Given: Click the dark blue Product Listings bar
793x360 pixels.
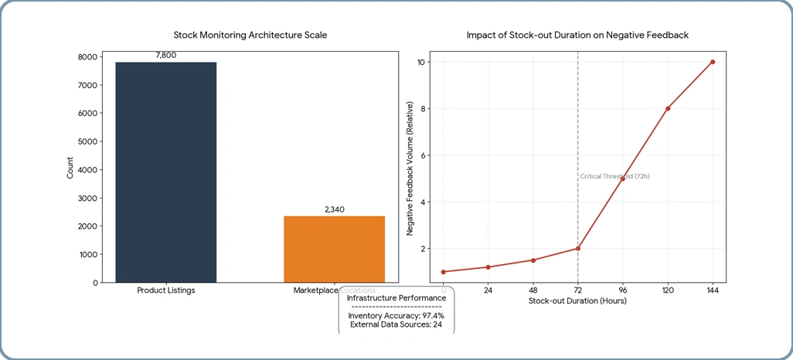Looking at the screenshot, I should point(165,172).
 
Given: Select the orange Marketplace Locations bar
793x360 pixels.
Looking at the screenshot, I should point(334,249).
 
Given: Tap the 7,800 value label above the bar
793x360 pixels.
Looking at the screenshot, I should point(166,55).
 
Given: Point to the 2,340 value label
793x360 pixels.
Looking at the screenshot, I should point(334,209).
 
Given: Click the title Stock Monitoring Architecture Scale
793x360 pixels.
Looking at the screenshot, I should point(250,36).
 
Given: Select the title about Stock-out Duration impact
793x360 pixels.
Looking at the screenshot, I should point(577,36).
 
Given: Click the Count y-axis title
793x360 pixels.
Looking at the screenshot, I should point(70,168).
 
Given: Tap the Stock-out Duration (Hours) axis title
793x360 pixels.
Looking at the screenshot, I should point(577,301).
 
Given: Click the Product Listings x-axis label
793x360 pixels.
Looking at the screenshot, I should point(166,290).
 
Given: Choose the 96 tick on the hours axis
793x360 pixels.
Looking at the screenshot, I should point(623,290).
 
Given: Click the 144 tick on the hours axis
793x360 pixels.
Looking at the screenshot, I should point(713,290).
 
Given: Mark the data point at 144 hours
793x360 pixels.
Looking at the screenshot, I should point(713,62).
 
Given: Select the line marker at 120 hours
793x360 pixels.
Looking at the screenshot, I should point(668,108).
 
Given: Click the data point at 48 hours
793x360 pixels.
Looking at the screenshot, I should point(533,260).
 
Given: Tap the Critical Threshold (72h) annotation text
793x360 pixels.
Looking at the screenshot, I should point(614,177).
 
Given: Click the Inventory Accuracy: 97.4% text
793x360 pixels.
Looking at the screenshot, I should point(396,316).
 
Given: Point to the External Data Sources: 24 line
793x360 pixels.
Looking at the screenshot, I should point(396,324).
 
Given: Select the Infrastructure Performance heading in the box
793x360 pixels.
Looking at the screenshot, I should point(396,298).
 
